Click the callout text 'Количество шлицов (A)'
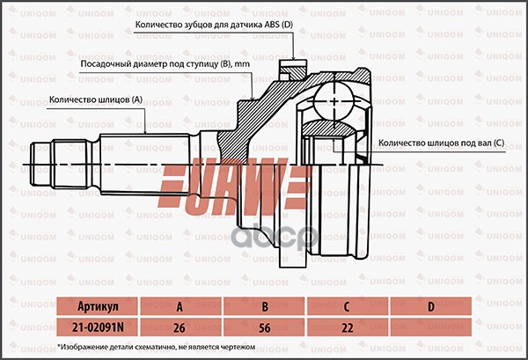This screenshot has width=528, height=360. click(95, 100)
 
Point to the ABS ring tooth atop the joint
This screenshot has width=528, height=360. click(291, 68)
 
